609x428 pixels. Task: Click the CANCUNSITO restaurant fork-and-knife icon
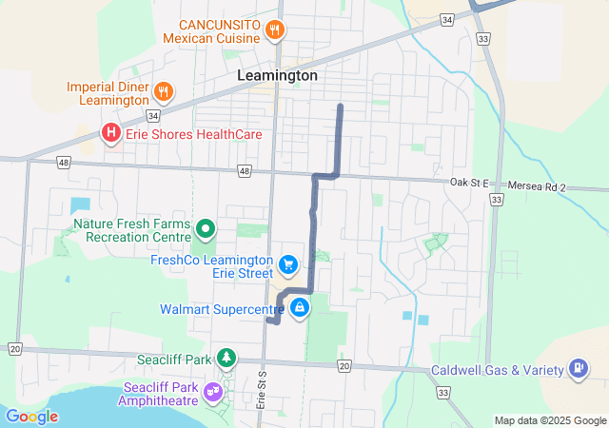coord(274,29)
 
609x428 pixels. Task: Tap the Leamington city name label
coord(277,75)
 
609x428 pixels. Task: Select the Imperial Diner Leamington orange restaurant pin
coord(164,92)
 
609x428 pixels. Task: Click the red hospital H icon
coord(111,134)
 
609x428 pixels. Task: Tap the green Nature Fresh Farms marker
coord(206,228)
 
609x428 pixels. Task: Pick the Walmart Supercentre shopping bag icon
coord(300,307)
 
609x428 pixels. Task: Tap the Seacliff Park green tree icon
coord(226,358)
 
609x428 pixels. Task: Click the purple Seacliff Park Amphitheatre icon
coord(212,391)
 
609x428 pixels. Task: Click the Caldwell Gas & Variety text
coord(498,370)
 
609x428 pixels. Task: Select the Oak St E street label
coord(469,183)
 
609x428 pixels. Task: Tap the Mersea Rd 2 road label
coord(538,187)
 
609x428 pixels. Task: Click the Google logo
coord(31,416)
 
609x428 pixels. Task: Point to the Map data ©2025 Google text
coord(550,420)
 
